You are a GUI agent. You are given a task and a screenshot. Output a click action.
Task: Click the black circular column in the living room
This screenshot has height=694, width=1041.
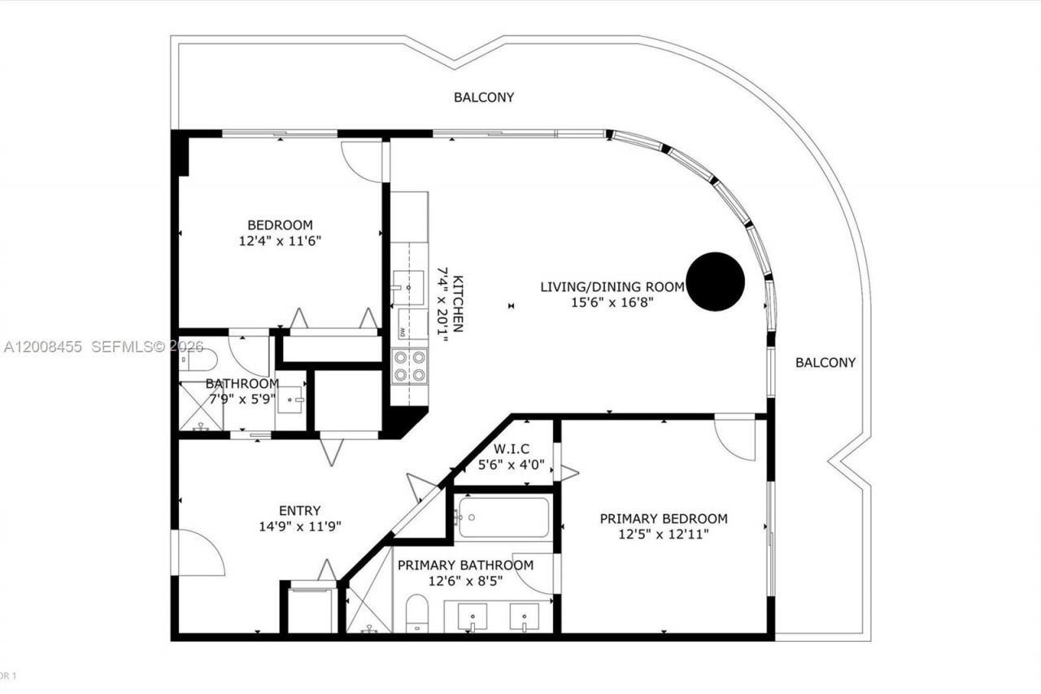pyautogui.click(x=715, y=282)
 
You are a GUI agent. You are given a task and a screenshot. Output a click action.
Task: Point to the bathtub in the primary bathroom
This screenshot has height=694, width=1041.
pyautogui.click(x=503, y=517)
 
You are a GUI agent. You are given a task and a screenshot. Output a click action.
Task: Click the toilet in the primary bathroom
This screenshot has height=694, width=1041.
pyautogui.click(x=417, y=612)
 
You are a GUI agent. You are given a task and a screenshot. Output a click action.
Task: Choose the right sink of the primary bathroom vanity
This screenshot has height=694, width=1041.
pyautogui.click(x=525, y=617)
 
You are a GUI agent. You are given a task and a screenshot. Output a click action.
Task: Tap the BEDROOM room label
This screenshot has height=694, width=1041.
pyautogui.click(x=280, y=225)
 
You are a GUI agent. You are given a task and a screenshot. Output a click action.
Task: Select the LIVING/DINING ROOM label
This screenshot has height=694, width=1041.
pyautogui.click(x=613, y=286)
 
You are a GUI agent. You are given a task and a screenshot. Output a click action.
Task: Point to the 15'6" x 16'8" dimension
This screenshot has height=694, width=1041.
pyautogui.click(x=613, y=302)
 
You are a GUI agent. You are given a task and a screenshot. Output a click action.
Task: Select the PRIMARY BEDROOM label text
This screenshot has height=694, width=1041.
pyautogui.click(x=664, y=518)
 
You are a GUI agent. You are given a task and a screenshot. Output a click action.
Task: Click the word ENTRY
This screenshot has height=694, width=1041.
pyautogui.click(x=299, y=510)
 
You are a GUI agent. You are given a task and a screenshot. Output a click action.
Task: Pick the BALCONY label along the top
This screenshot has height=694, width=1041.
pyautogui.click(x=484, y=97)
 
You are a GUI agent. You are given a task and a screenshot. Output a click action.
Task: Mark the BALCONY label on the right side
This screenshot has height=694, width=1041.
pyautogui.click(x=825, y=362)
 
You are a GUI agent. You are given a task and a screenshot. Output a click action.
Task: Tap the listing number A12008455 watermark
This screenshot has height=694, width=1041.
pyautogui.click(x=43, y=347)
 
